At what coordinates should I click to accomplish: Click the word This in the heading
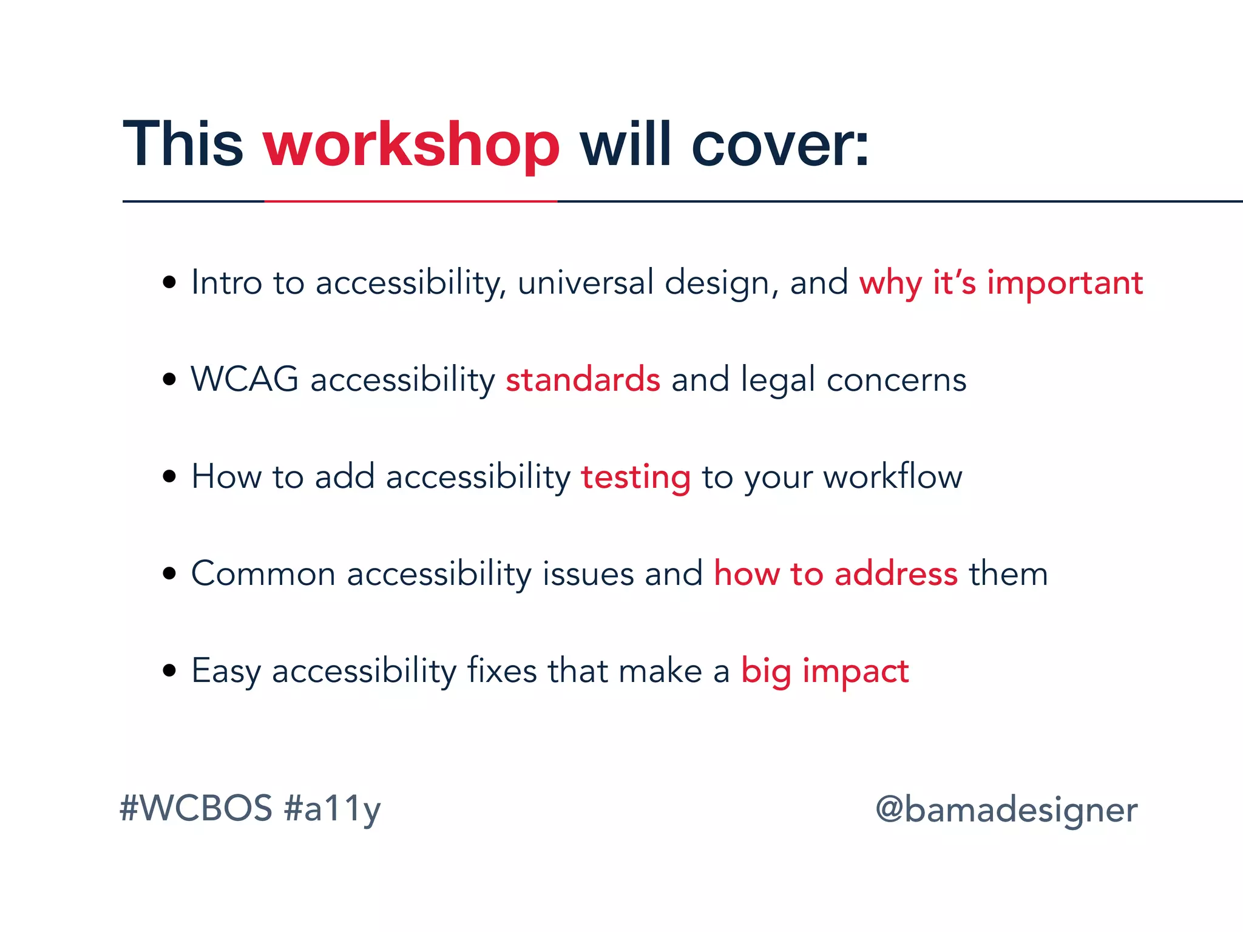[x=183, y=144]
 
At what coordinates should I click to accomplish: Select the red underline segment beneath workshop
[x=411, y=201]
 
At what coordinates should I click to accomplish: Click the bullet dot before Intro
[x=169, y=282]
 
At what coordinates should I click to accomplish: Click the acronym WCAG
[x=245, y=380]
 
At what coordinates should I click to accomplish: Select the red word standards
[x=583, y=380]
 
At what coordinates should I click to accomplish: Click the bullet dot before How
[x=169, y=476]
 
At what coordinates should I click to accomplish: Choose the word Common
[x=263, y=574]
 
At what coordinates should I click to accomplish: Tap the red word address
[x=896, y=574]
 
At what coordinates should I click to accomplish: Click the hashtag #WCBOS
[x=196, y=809]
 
